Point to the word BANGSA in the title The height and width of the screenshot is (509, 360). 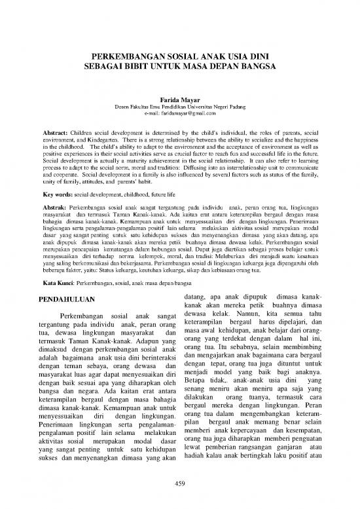click(259, 67)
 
